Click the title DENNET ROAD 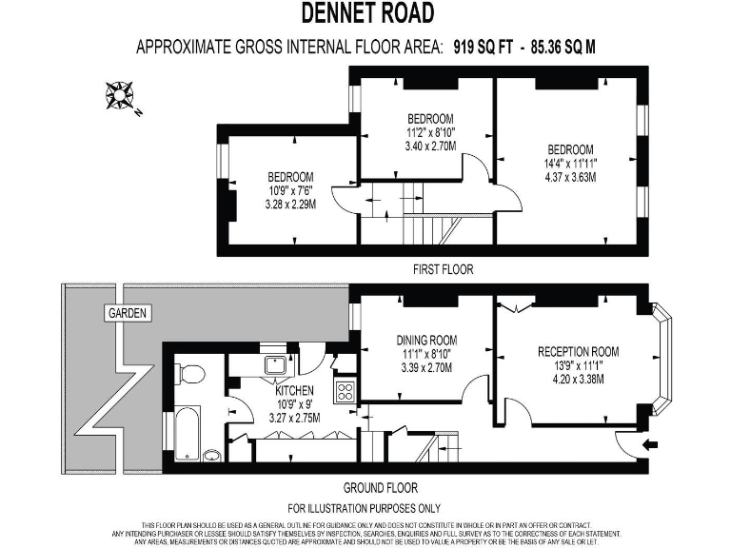(367, 12)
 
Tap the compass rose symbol (122, 95)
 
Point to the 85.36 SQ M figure (563, 46)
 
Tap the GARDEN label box (127, 313)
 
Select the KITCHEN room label (295, 391)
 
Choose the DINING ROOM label (426, 340)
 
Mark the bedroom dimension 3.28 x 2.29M (290, 205)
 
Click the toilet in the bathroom (190, 372)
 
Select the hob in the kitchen (345, 390)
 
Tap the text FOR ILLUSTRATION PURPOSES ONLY (365, 508)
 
